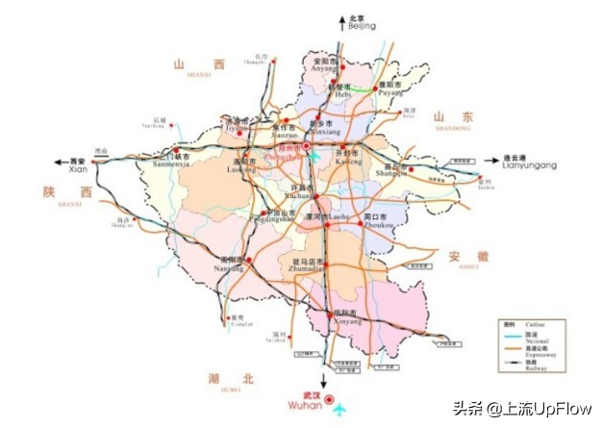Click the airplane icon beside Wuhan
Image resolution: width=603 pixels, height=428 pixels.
339,412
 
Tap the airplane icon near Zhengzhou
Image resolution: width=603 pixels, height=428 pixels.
314,154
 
